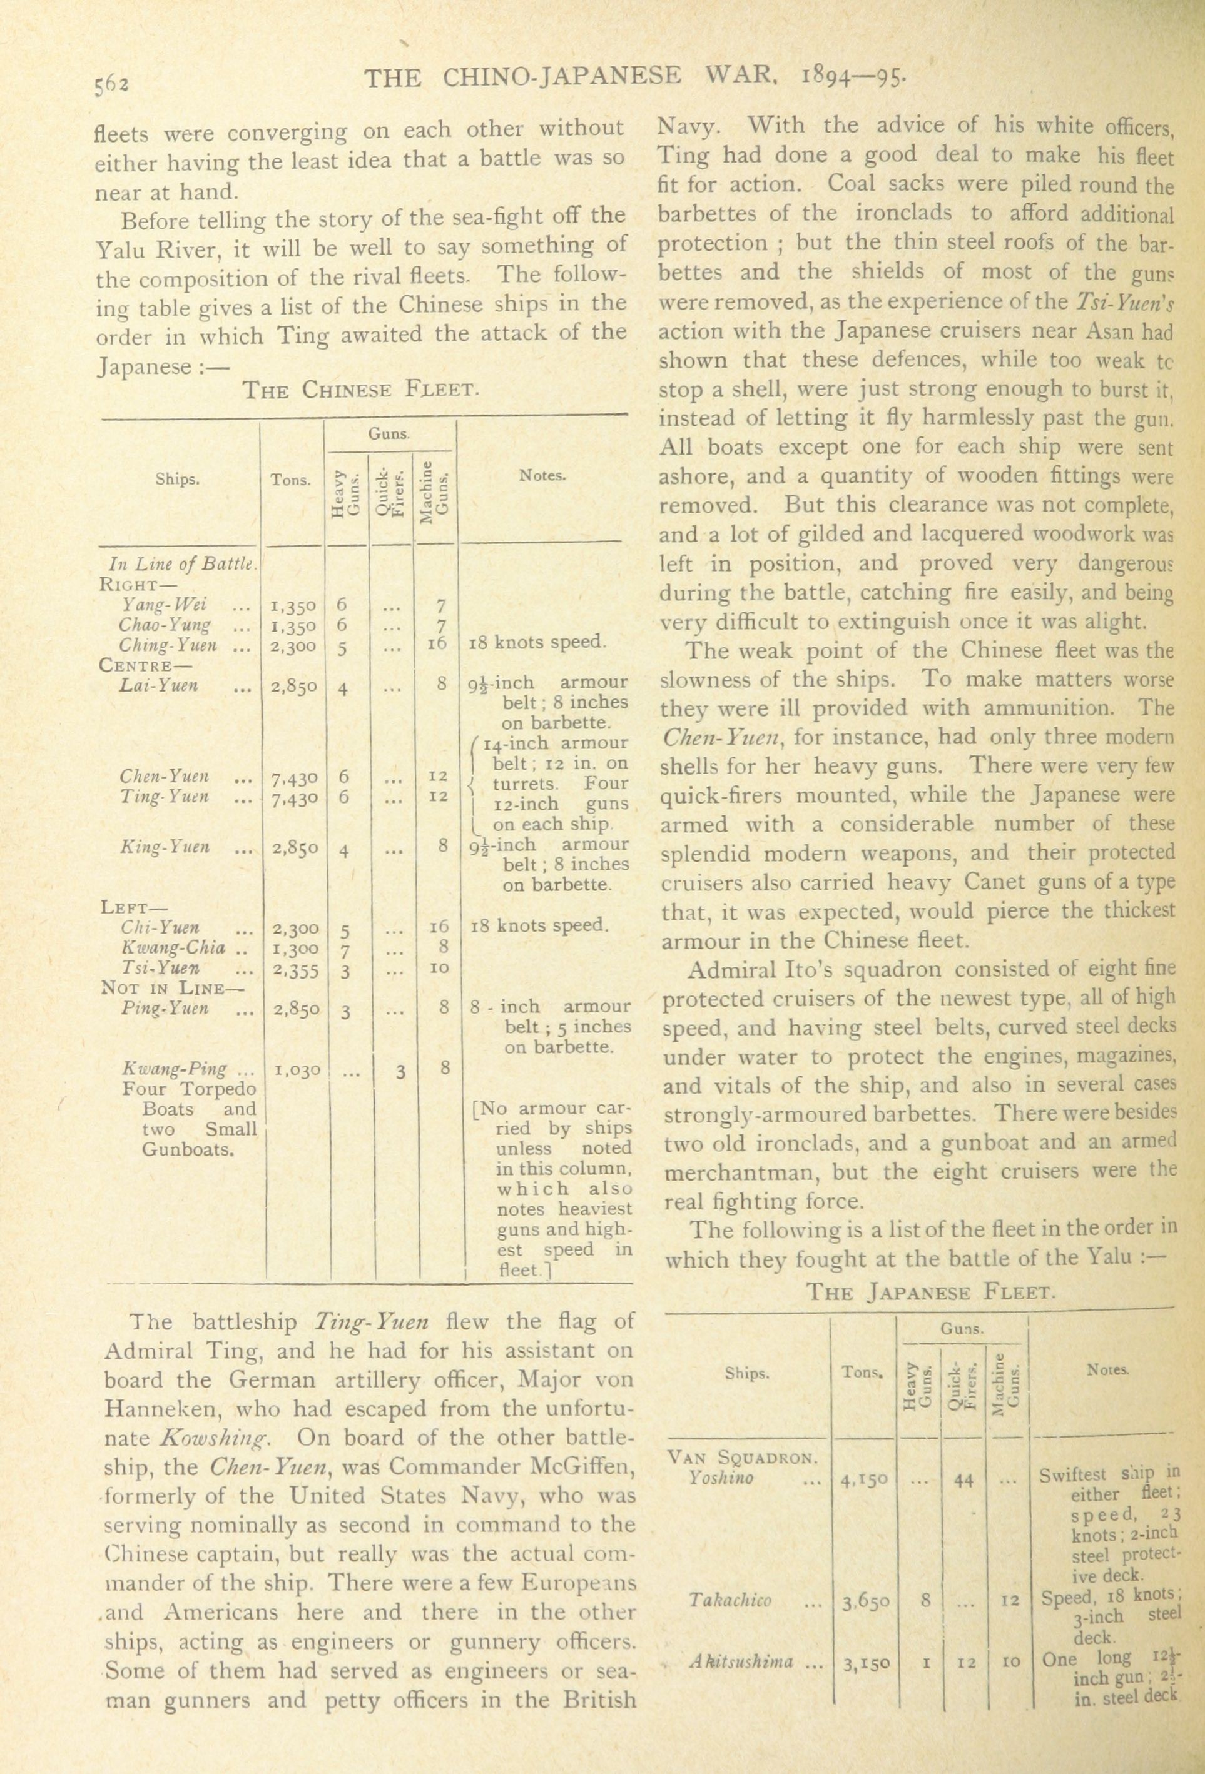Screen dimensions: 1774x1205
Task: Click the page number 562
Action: (111, 81)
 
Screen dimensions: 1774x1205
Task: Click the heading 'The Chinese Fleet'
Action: (360, 390)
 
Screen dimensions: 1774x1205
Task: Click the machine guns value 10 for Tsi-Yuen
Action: (439, 969)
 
